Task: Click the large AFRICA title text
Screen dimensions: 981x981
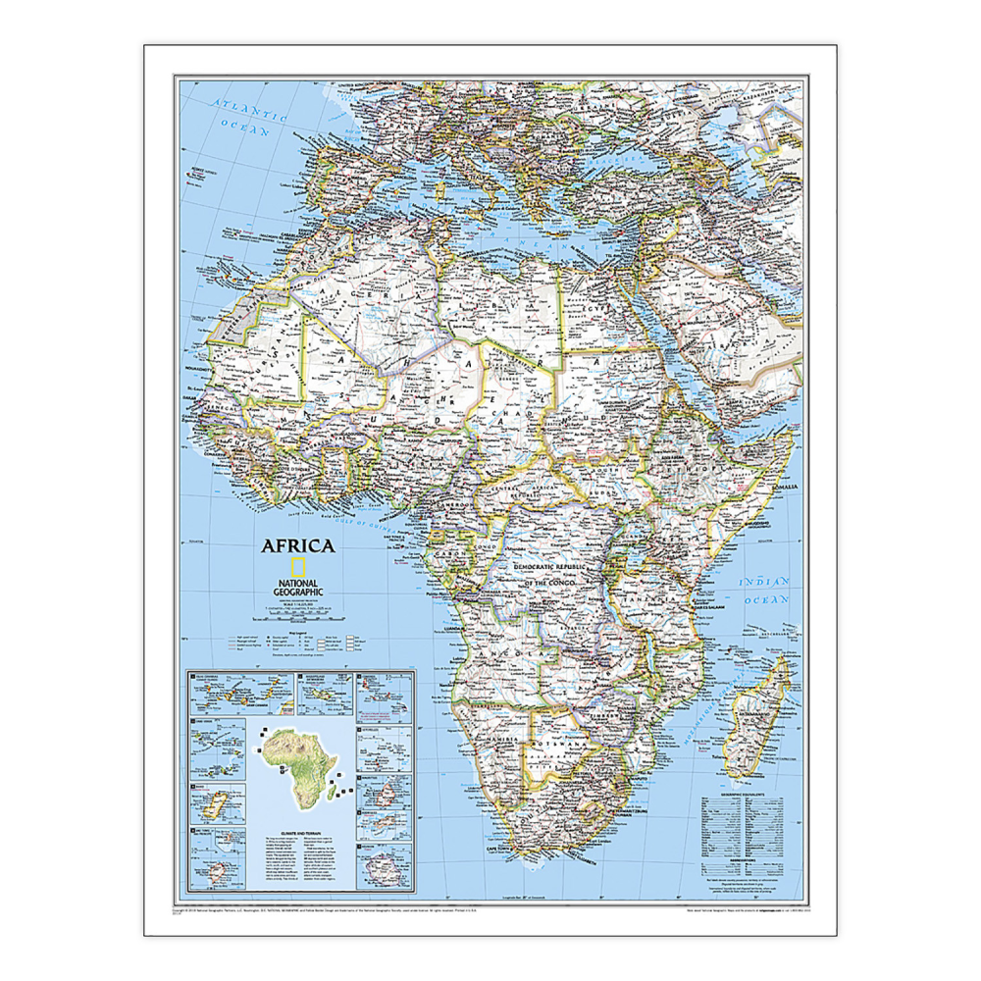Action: [297, 546]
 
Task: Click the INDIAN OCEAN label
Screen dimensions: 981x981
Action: [765, 590]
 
